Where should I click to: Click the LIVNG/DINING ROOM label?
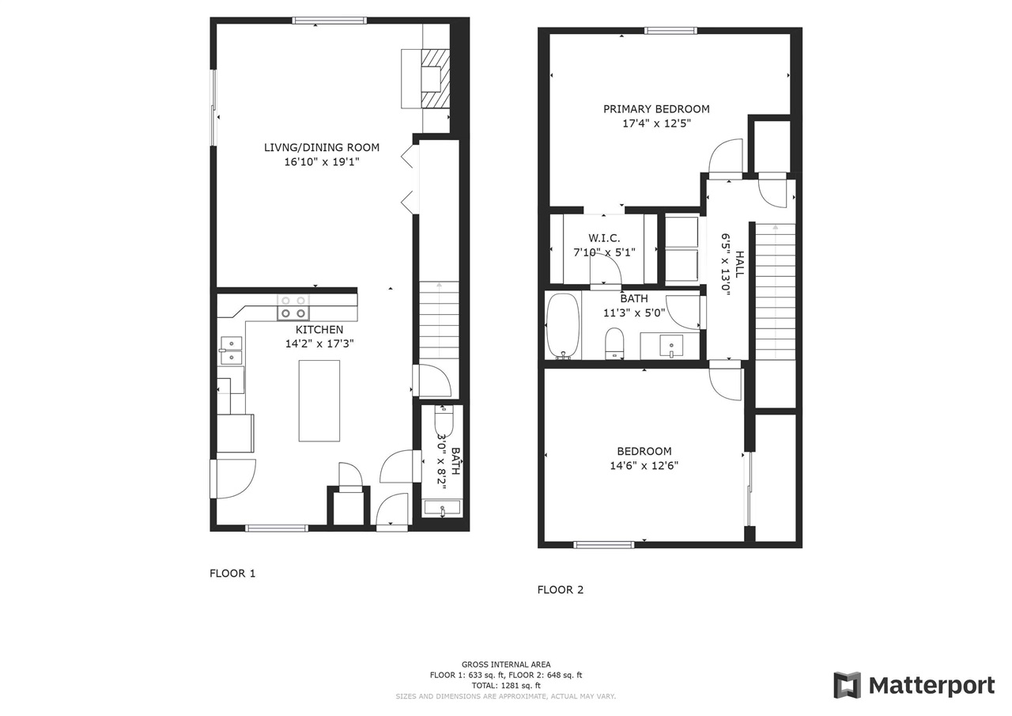point(322,147)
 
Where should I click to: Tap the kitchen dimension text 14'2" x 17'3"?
point(319,344)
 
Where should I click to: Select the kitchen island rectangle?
point(319,401)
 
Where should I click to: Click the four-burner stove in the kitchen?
point(293,308)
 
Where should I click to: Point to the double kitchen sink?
point(232,350)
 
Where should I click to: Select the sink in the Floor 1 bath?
point(442,508)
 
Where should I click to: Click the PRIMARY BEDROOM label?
point(656,109)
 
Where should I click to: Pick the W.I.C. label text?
point(604,238)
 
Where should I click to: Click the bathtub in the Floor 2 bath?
point(562,326)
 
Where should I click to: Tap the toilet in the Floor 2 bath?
point(614,343)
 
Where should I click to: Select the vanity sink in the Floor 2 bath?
point(671,346)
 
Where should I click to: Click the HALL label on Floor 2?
point(739,264)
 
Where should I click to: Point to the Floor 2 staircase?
point(776,292)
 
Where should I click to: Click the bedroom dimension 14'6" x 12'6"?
point(644,465)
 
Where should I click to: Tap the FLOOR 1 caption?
point(232,574)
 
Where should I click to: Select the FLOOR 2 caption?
point(561,590)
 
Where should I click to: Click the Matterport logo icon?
point(847,685)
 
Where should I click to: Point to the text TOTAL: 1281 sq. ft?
point(506,686)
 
